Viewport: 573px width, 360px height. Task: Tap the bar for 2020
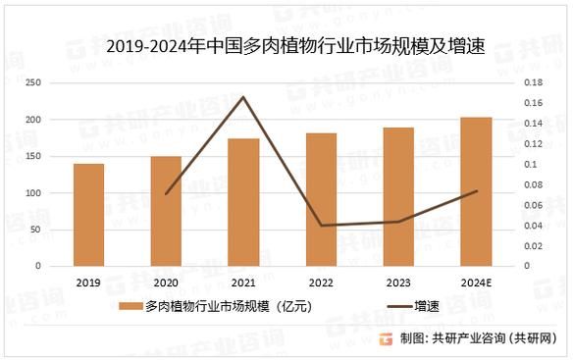coord(166,211)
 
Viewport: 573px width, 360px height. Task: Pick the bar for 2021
coord(243,202)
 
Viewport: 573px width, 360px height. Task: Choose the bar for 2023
coord(398,196)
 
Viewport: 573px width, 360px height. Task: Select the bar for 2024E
coord(476,191)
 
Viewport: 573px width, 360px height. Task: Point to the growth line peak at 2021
coord(243,96)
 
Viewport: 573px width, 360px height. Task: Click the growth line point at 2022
coord(321,225)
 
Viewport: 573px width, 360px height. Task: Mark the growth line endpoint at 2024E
coord(476,191)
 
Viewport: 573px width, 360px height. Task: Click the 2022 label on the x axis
coord(321,282)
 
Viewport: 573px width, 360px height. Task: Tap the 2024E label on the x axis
coord(476,282)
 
